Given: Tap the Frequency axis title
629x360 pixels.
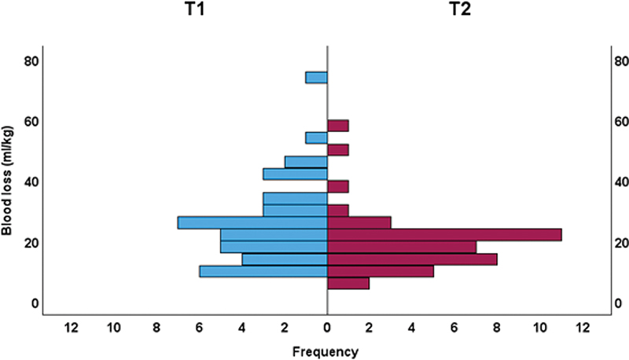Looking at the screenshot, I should click(x=326, y=351).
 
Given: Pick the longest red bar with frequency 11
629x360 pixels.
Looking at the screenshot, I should click(x=444, y=234).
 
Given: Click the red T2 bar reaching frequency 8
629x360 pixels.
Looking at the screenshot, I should click(x=412, y=259).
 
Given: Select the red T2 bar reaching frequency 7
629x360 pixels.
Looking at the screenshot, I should click(x=402, y=247).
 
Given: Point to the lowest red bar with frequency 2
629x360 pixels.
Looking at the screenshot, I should click(x=348, y=283).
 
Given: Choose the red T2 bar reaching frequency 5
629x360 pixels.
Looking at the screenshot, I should click(x=381, y=271).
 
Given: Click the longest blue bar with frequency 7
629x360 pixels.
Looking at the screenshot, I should click(x=252, y=222).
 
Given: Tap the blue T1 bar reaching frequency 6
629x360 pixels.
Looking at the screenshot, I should click(x=263, y=271).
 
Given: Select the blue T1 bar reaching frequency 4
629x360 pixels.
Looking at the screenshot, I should click(x=285, y=259).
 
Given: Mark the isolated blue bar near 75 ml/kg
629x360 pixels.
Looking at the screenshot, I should click(x=316, y=78).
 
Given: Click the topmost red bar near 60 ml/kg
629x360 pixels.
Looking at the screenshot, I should click(x=338, y=126).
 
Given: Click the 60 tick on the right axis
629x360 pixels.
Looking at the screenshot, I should click(x=620, y=121).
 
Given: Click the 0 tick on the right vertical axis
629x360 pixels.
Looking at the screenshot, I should click(x=618, y=303).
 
